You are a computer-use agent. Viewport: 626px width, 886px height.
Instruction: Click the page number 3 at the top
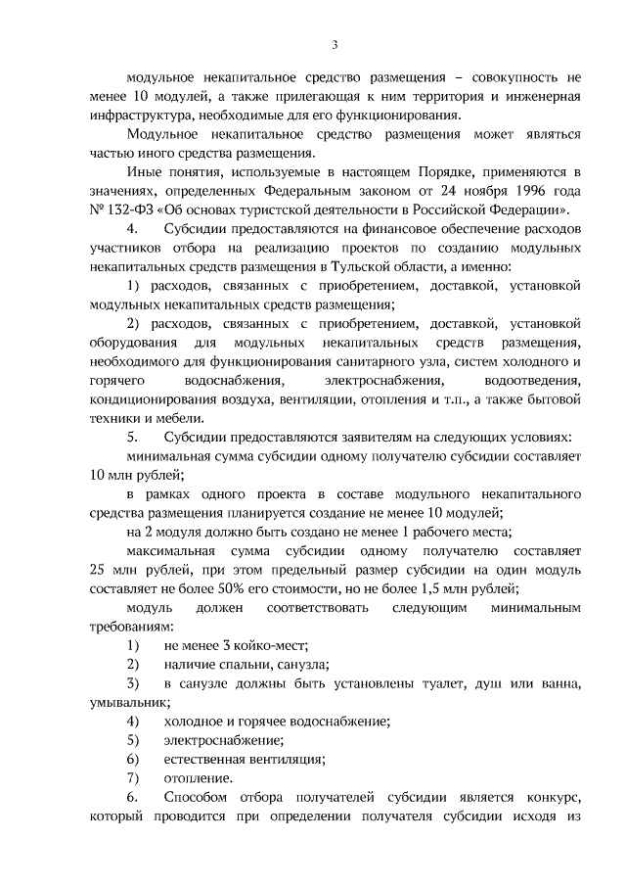[335, 44]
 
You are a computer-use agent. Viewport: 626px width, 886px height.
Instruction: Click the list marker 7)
[132, 778]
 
